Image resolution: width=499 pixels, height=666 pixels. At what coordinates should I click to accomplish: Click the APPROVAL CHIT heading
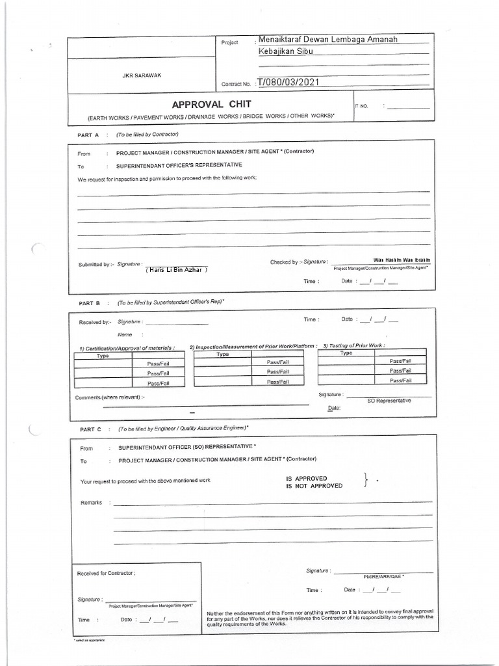[x=211, y=105]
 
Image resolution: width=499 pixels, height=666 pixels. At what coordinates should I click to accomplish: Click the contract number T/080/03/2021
[x=288, y=83]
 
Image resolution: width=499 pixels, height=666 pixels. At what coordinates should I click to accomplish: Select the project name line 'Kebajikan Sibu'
[x=286, y=51]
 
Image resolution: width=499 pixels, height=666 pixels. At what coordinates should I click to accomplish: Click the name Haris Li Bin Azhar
[x=176, y=269]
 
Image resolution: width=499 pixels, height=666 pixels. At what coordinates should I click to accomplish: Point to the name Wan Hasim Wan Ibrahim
[x=402, y=260]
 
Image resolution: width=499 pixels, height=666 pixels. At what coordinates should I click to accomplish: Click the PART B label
[x=90, y=303]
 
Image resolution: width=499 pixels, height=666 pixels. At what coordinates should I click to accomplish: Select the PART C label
[x=90, y=429]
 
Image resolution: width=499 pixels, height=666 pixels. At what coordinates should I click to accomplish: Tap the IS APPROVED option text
[x=307, y=479]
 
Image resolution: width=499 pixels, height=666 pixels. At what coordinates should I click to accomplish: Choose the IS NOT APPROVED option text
[x=314, y=486]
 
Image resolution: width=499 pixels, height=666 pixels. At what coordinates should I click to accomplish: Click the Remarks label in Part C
[x=91, y=503]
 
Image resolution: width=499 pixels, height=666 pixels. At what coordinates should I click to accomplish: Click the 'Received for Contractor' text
[x=106, y=573]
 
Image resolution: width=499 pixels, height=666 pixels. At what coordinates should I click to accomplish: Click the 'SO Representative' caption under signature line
[x=389, y=401]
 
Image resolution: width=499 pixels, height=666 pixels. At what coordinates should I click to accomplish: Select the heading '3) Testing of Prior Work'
[x=354, y=345]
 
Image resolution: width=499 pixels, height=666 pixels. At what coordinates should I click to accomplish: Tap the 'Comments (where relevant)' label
[x=110, y=397]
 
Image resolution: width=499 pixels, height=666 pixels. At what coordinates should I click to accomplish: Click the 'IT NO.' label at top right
[x=361, y=105]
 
